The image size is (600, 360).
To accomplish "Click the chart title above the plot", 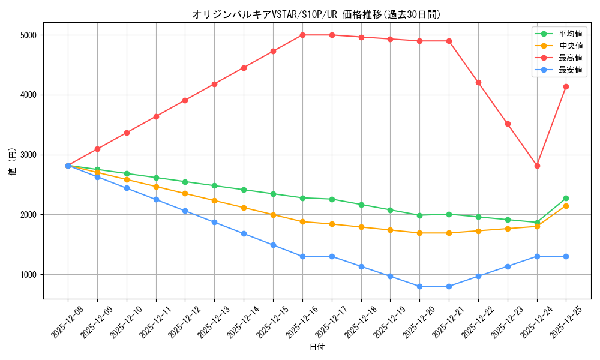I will click(x=316, y=14).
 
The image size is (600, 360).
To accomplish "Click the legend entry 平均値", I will click(x=571, y=34).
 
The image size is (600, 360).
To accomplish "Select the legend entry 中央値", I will click(x=571, y=46).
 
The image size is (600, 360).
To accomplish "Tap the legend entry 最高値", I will click(x=571, y=58).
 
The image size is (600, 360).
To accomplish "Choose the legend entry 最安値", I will click(x=571, y=70).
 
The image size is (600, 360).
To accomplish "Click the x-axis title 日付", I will click(x=317, y=347).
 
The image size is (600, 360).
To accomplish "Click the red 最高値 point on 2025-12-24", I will click(x=537, y=166).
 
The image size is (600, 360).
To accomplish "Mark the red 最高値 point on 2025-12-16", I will click(x=302, y=35).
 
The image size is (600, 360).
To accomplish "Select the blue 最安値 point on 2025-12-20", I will click(x=419, y=286).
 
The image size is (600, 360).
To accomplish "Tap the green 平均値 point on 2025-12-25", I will click(x=566, y=198).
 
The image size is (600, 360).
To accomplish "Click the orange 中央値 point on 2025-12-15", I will click(x=273, y=215).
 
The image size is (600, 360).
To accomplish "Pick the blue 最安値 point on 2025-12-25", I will click(x=566, y=256).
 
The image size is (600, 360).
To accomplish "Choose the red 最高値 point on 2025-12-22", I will click(x=478, y=82).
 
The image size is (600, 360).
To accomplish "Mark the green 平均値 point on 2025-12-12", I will click(x=185, y=182).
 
